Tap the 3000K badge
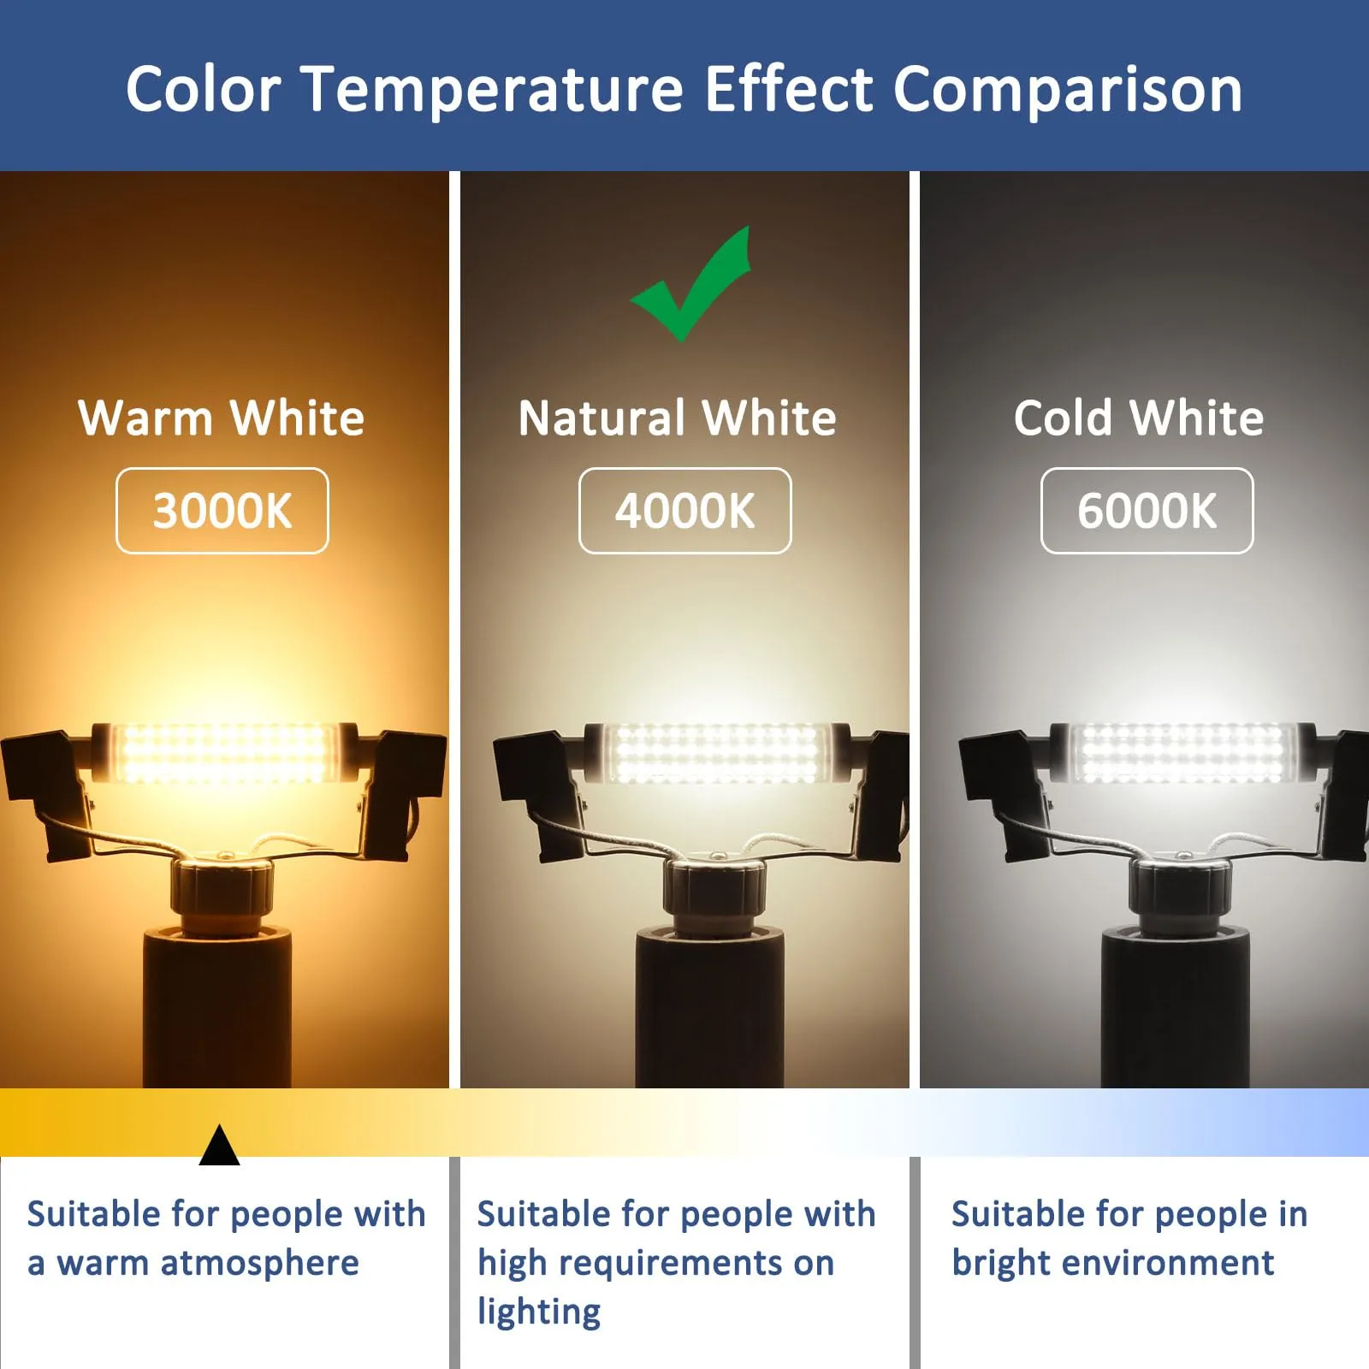click(222, 511)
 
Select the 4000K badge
click(684, 511)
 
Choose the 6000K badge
click(1147, 511)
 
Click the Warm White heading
click(222, 418)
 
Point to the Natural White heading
click(677, 418)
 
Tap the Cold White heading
click(1139, 418)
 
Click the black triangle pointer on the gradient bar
click(219, 1147)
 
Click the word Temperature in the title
click(494, 89)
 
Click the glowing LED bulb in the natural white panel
click(717, 753)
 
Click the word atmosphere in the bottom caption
click(259, 1263)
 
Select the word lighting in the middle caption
click(539, 1313)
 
